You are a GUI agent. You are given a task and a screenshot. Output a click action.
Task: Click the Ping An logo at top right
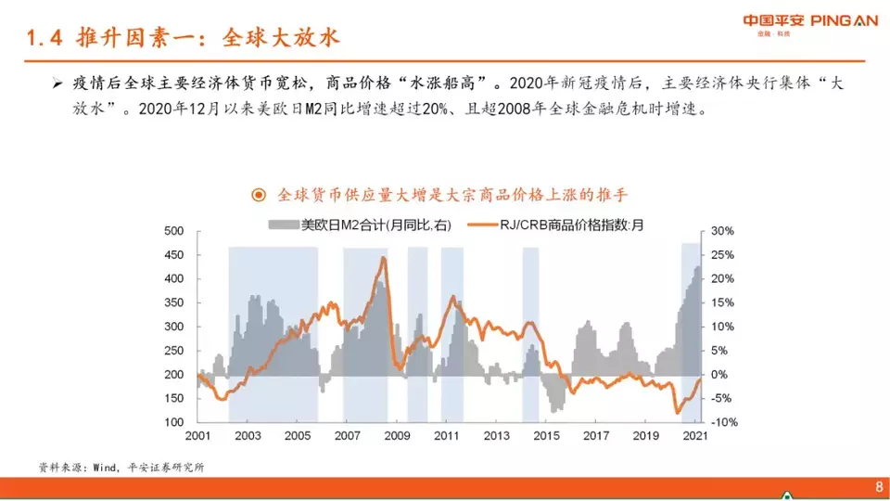[x=810, y=24]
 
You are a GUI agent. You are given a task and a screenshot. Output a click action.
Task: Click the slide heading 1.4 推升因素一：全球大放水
[x=183, y=37]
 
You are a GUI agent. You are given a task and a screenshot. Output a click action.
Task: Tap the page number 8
[x=879, y=487]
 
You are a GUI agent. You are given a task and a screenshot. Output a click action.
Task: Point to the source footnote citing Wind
[x=121, y=468]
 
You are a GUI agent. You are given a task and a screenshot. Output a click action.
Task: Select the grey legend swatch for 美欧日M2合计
[x=284, y=225]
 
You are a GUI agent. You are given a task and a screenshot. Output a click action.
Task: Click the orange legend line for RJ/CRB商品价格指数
[x=482, y=225]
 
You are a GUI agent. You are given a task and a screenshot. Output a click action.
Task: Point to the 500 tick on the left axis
[x=173, y=231]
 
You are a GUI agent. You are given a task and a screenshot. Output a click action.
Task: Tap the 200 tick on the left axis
[x=173, y=374]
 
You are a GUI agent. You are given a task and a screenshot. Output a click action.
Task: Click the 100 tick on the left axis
[x=173, y=422]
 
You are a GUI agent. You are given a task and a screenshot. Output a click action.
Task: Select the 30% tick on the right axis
[x=722, y=231]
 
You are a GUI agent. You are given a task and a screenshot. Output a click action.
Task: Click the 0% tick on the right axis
[x=719, y=374]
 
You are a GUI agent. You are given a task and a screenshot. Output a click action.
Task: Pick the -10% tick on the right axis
[x=724, y=422]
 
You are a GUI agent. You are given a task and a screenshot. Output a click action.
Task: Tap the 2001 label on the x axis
[x=197, y=436]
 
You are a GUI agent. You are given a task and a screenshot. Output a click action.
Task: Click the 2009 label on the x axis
[x=397, y=436]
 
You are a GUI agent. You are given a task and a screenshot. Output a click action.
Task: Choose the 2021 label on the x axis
[x=695, y=436]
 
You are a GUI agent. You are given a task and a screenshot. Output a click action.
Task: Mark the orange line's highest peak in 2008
[x=384, y=258]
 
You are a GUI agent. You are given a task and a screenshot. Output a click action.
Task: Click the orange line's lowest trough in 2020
[x=677, y=412]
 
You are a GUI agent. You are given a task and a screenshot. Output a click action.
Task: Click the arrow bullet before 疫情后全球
[x=57, y=84]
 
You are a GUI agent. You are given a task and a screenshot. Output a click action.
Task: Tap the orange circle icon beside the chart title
[x=259, y=196]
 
